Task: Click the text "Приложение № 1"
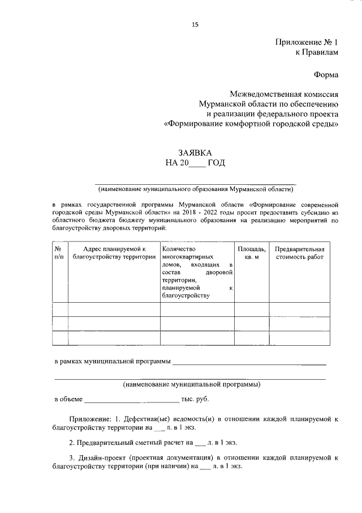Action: (307, 42)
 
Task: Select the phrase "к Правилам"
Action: (317, 52)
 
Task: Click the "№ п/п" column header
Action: (59, 253)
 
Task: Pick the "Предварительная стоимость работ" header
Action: (299, 253)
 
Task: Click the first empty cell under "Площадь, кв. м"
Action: (251, 309)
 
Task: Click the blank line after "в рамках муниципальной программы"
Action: (249, 362)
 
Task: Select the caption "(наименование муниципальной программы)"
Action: (192, 384)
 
